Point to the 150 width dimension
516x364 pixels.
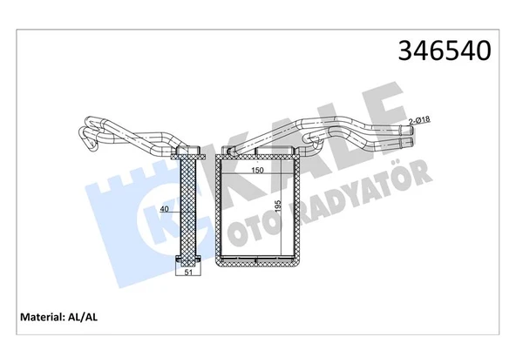tap(257, 171)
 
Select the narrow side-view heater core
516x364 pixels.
tap(187, 209)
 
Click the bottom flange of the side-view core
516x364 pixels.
tap(187, 260)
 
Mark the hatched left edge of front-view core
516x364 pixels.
tap(219, 209)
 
